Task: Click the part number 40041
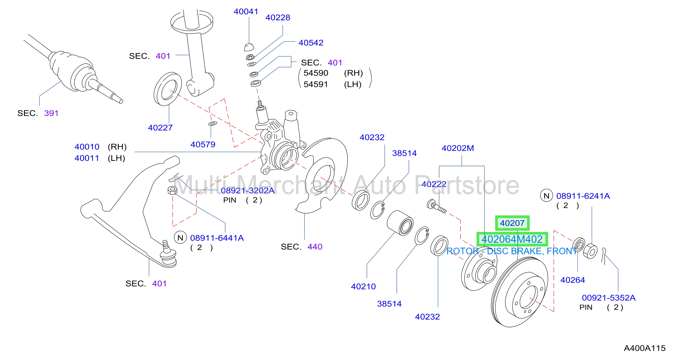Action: point(246,12)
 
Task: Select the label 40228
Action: point(278,17)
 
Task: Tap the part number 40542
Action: point(311,43)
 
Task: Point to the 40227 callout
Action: point(160,128)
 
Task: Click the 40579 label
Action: point(203,145)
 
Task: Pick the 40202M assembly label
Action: point(458,148)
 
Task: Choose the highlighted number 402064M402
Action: point(512,239)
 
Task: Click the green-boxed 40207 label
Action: point(512,223)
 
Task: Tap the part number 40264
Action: point(572,280)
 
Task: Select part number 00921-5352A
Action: point(609,298)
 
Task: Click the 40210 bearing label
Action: point(363,286)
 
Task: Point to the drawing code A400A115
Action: point(644,348)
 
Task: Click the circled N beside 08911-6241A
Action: point(546,196)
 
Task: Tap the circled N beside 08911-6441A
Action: point(180,238)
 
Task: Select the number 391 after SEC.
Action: point(51,113)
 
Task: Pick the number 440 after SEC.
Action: point(315,247)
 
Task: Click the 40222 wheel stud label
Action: point(434,184)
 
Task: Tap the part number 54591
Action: point(316,84)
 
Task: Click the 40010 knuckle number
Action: point(87,147)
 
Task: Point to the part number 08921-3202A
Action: point(247,190)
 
